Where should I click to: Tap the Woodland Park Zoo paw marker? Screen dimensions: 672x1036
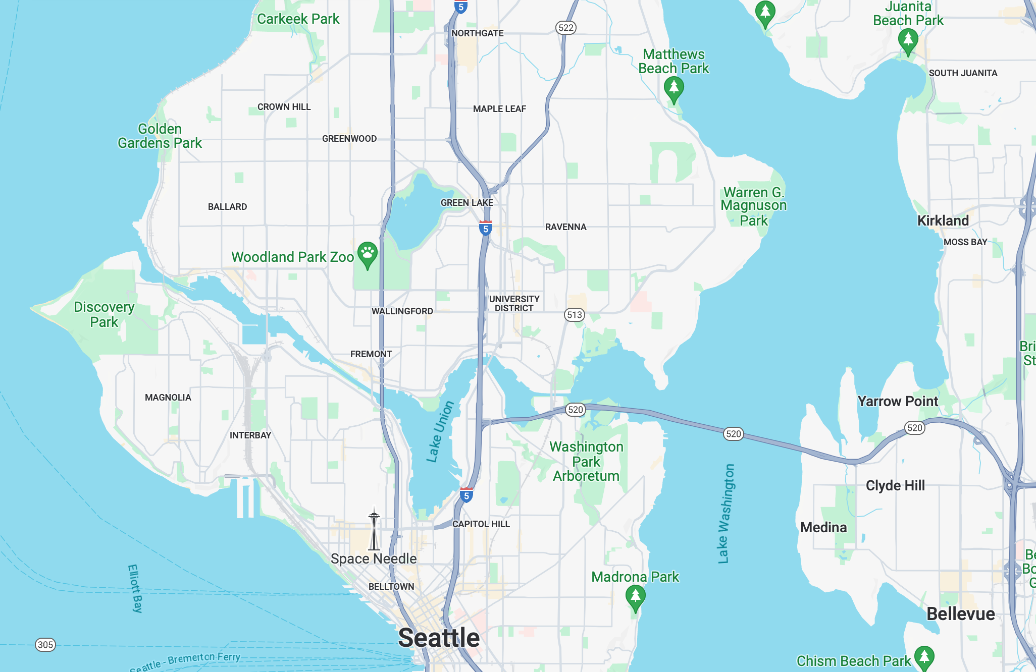(x=368, y=254)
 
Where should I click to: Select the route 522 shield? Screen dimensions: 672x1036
(x=566, y=28)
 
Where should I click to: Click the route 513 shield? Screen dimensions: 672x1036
(x=574, y=315)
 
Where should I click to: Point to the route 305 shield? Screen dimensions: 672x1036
(x=45, y=645)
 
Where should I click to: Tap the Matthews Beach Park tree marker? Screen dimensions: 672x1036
(x=674, y=89)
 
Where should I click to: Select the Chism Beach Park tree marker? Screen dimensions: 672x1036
(x=924, y=657)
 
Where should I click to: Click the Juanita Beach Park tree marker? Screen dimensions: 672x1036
(x=908, y=40)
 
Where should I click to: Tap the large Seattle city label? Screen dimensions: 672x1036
(x=439, y=638)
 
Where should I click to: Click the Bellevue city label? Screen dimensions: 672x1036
(x=960, y=614)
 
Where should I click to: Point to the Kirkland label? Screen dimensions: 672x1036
(x=943, y=220)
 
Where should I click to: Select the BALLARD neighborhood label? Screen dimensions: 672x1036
(x=227, y=207)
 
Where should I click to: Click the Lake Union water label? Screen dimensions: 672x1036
(x=440, y=432)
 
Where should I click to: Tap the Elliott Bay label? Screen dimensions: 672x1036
(x=135, y=588)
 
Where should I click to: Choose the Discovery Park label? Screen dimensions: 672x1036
(x=104, y=314)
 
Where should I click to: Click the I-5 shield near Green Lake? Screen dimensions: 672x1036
(x=485, y=228)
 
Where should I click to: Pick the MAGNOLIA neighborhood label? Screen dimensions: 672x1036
(x=168, y=398)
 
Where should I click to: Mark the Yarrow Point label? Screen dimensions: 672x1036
(x=897, y=401)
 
